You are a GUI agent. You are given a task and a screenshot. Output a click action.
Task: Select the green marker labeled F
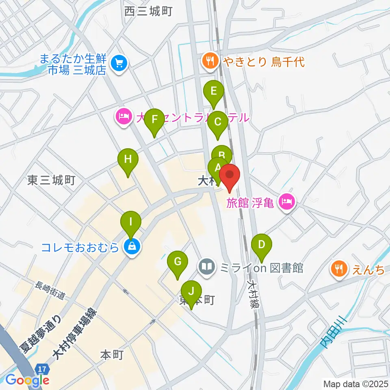[154, 120]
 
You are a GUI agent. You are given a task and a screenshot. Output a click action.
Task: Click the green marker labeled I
[131, 222]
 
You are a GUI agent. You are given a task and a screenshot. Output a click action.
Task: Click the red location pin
[230, 176]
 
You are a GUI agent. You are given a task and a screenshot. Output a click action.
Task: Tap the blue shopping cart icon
[119, 63]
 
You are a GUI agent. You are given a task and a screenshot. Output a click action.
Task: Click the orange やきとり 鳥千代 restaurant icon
[210, 62]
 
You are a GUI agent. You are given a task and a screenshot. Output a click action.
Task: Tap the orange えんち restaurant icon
[338, 268]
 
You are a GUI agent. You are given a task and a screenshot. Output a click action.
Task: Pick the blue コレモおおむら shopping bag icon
[132, 247]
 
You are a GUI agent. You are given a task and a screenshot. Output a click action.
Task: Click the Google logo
[27, 380]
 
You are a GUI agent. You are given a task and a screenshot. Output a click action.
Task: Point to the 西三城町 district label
[149, 12]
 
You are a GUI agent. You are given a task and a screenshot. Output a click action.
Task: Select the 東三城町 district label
[52, 180]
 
